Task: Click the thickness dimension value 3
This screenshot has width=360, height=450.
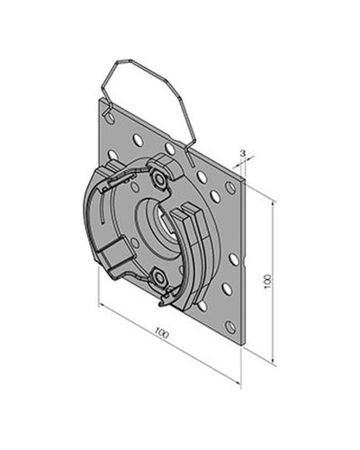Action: (243, 153)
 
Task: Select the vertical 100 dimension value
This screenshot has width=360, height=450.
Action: (268, 282)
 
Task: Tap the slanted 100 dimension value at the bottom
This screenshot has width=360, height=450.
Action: (162, 334)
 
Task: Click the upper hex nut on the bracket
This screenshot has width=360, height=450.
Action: (159, 179)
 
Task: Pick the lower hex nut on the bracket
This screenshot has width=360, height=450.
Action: (159, 278)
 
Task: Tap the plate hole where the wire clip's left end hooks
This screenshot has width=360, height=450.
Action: (110, 117)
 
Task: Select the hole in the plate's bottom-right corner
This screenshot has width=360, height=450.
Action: (229, 327)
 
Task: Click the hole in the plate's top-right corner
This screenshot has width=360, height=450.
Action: (230, 187)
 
